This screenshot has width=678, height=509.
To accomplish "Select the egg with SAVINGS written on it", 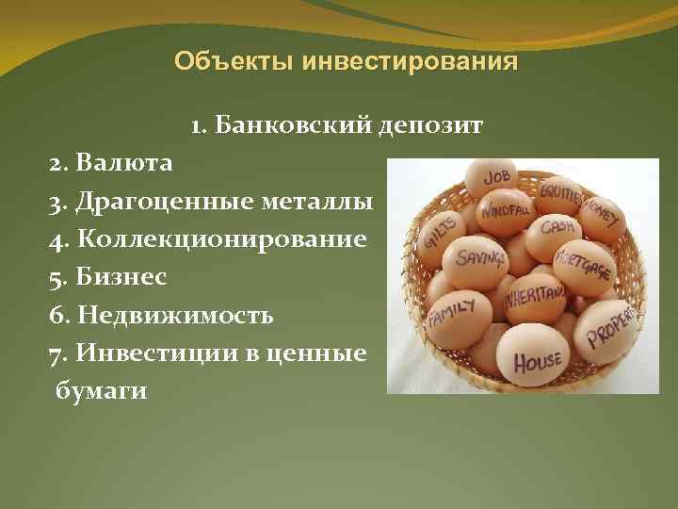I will (474, 254).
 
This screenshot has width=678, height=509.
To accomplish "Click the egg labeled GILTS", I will (443, 229).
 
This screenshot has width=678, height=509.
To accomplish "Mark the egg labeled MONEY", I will (601, 212).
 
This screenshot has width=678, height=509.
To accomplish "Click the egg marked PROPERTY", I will (606, 325).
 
